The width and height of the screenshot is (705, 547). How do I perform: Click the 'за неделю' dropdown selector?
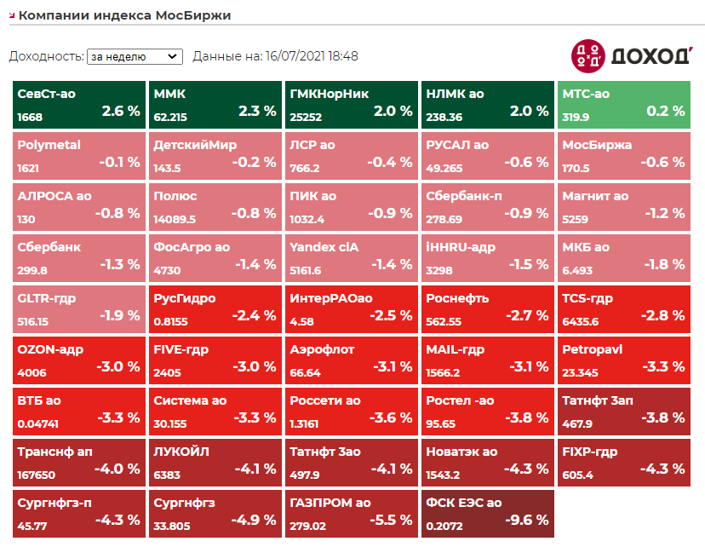pyautogui.click(x=135, y=56)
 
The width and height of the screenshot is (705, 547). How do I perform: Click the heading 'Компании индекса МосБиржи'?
pyautogui.click(x=124, y=15)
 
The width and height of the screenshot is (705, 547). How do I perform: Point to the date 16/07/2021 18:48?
pyautogui.click(x=312, y=56)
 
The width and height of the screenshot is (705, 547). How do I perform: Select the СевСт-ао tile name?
pyautogui.click(x=46, y=94)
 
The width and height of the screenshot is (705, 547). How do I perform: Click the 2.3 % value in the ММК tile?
pyautogui.click(x=257, y=111)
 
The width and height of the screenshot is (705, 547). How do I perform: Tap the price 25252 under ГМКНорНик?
pyautogui.click(x=306, y=118)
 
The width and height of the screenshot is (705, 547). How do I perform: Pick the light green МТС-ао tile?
pyautogui.click(x=622, y=105)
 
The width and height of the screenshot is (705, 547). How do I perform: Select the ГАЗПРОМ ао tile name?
pyautogui.click(x=330, y=503)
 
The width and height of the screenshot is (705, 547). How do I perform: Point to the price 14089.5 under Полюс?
pyautogui.click(x=175, y=220)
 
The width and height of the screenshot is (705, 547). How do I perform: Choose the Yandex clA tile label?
pyautogui.click(x=324, y=247)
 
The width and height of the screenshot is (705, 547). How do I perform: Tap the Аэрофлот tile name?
pyautogui.click(x=322, y=349)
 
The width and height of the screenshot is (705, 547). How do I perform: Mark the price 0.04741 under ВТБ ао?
pyautogui.click(x=38, y=424)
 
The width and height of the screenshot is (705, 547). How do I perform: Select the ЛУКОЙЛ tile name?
pyautogui.click(x=181, y=452)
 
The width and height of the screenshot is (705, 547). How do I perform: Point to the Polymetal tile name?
pyautogui.click(x=49, y=145)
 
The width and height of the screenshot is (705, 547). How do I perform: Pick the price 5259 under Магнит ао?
pyautogui.click(x=576, y=220)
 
